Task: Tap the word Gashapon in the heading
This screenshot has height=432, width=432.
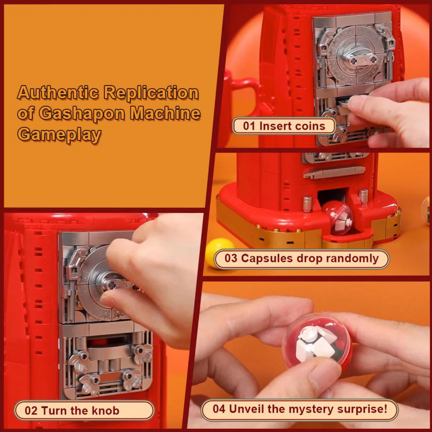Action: click(82, 113)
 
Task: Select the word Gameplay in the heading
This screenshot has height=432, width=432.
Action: click(59, 134)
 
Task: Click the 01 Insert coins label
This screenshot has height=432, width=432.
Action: click(284, 126)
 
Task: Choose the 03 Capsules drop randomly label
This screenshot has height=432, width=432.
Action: click(301, 258)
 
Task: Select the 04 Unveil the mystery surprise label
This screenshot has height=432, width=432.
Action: click(300, 409)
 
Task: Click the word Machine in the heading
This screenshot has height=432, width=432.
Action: click(165, 113)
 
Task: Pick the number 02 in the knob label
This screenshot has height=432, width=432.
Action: click(31, 411)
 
